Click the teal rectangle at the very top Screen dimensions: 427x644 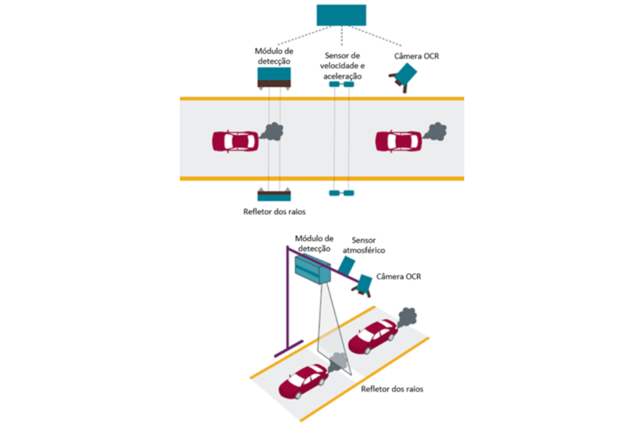341,15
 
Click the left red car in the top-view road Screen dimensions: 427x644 234,140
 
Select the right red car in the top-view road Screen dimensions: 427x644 398,140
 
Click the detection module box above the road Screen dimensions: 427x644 274,77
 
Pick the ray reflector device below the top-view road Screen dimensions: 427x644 274,196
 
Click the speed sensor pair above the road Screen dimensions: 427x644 341,85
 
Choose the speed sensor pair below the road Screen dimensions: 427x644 341,193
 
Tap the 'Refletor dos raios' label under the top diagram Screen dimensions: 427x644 273,212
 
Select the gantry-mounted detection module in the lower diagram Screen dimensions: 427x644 312,268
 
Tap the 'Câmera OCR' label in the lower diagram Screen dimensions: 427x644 399,276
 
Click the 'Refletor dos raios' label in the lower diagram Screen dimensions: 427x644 392,390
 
